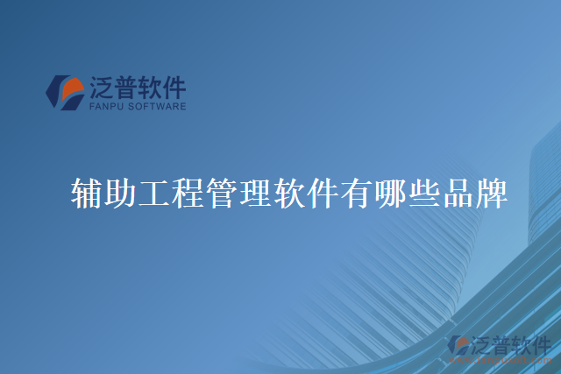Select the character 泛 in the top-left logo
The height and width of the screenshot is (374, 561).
click(x=102, y=87)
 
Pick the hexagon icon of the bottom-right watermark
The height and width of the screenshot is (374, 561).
click(x=458, y=346)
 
